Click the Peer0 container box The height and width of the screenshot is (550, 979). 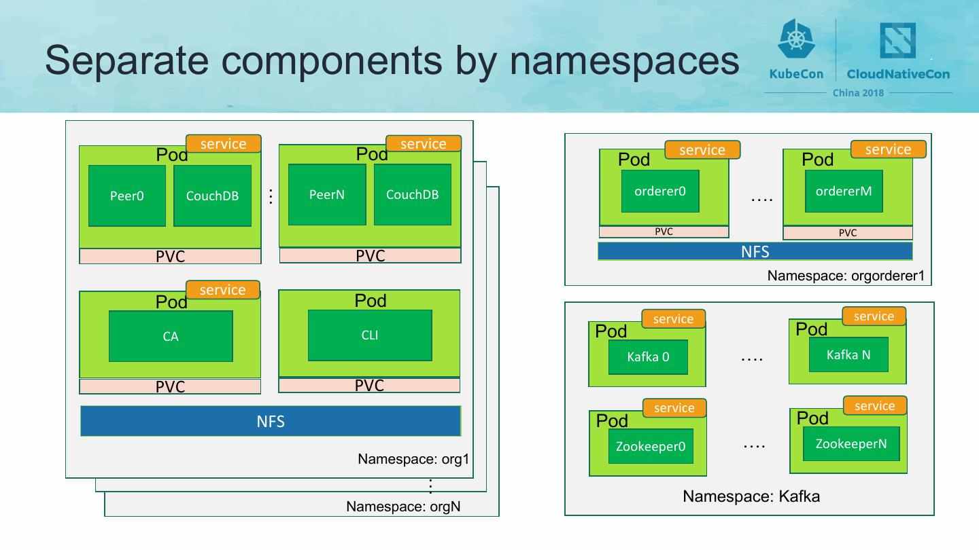pyautogui.click(x=127, y=196)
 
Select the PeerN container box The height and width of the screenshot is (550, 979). pyautogui.click(x=327, y=195)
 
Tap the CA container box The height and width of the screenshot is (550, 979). pyautogui.click(x=171, y=336)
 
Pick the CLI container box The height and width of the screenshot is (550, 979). pyautogui.click(x=370, y=335)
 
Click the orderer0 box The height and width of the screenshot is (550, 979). pyautogui.click(x=660, y=191)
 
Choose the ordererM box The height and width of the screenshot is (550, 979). pyautogui.click(x=844, y=191)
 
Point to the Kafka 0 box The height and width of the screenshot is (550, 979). pyautogui.click(x=648, y=357)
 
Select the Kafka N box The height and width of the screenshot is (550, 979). pyautogui.click(x=848, y=354)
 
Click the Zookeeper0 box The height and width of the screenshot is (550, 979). pyautogui.click(x=651, y=446)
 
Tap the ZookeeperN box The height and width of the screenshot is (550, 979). pyautogui.click(x=851, y=443)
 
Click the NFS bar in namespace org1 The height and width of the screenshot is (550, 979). pyautogui.click(x=271, y=421)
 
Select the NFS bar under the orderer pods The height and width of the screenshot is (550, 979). pyautogui.click(x=755, y=251)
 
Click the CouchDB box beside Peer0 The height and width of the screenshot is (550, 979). pyautogui.click(x=212, y=196)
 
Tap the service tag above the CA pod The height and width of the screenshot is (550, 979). pyautogui.click(x=223, y=290)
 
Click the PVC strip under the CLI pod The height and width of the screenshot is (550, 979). pyautogui.click(x=369, y=386)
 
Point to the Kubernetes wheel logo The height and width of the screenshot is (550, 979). pyautogui.click(x=796, y=39)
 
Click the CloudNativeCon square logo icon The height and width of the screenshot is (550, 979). pyautogui.click(x=897, y=40)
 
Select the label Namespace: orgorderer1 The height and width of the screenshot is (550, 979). pyautogui.click(x=846, y=276)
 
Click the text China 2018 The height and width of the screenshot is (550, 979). pyautogui.click(x=858, y=93)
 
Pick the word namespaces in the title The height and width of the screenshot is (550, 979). pyautogui.click(x=625, y=61)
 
